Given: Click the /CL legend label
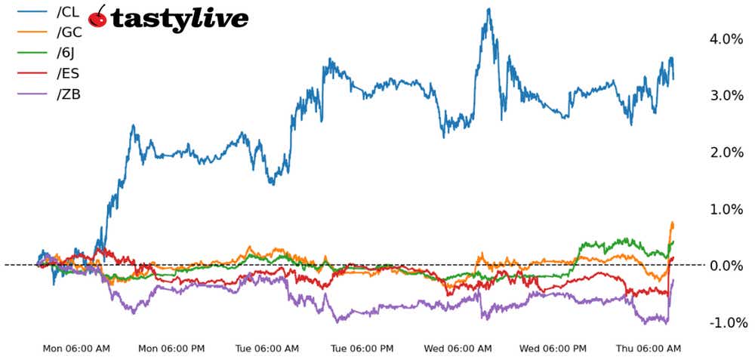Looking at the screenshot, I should pos(67,11).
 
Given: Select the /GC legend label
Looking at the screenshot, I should pos(69,32).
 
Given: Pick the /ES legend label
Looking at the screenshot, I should pos(67,73).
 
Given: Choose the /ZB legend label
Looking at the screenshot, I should pos(68,94).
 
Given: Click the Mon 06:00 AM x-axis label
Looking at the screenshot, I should pos(75,349).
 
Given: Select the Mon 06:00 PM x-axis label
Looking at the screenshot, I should pos(171,349).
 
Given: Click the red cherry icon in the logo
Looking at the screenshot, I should pos(97,17).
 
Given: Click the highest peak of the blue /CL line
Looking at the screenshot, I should pos(488,9).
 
